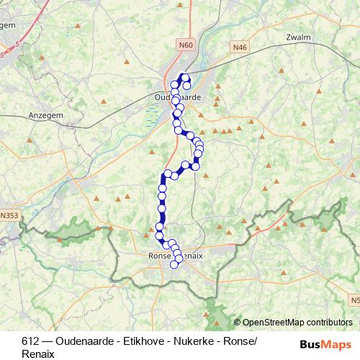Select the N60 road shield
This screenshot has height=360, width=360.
(186, 45)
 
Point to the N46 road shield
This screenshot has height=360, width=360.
(240, 47)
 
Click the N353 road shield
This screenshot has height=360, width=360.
(11, 215)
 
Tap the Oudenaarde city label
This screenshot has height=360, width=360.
(177, 96)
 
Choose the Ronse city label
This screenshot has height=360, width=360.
(158, 256)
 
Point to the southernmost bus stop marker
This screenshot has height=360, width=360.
(174, 264)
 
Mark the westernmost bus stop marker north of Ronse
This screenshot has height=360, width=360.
(159, 234)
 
